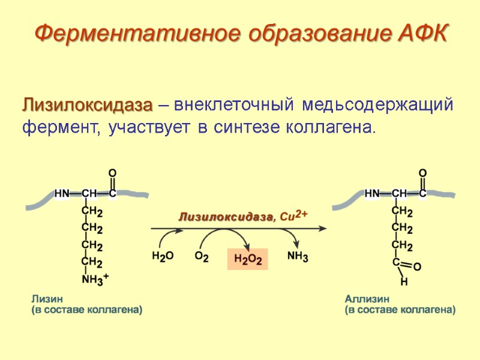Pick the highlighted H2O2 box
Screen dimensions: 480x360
247,259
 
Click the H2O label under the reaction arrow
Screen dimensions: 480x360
163,256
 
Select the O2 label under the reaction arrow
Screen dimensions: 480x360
202,256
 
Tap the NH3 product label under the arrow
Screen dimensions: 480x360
298,257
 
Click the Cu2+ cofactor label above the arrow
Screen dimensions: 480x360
293,216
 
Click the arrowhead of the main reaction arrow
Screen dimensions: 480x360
322,229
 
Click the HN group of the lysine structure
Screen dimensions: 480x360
62,194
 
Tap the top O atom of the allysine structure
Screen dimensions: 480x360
422,174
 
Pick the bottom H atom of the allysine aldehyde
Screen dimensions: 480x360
404,281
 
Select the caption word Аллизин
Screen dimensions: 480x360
367,298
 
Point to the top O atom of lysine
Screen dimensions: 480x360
112,174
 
